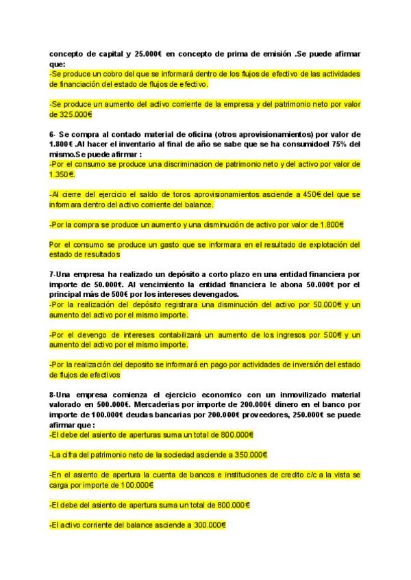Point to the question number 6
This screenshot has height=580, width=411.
[x=52, y=134]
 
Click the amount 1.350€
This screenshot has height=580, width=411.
[x=62, y=174]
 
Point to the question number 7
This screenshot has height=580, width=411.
[x=52, y=274]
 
